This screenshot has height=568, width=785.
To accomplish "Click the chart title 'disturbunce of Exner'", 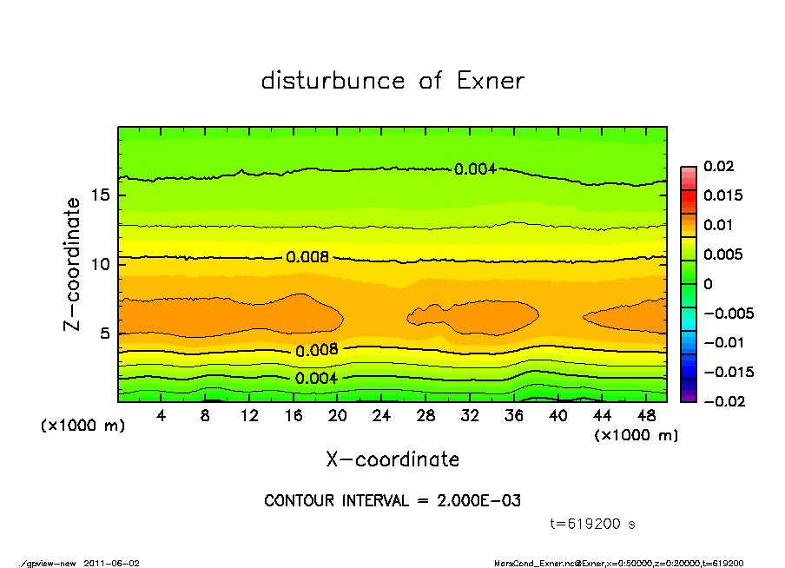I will (392, 82).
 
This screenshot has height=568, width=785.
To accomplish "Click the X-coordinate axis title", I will (392, 459).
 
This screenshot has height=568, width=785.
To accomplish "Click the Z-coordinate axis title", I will (73, 263).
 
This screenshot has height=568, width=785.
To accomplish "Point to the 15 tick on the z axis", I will (101, 195).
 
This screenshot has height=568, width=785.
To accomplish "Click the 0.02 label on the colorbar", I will (718, 166).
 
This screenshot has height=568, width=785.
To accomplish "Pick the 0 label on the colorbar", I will (708, 284).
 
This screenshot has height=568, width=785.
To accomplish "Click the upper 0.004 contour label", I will (475, 168).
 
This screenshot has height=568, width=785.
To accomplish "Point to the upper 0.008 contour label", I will (307, 257).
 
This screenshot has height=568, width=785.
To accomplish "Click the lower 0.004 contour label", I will (316, 378).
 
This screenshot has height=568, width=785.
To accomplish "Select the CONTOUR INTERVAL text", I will (392, 501).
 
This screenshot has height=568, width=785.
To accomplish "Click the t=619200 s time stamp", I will (594, 524).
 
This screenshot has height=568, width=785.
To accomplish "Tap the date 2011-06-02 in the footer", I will (111, 563).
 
